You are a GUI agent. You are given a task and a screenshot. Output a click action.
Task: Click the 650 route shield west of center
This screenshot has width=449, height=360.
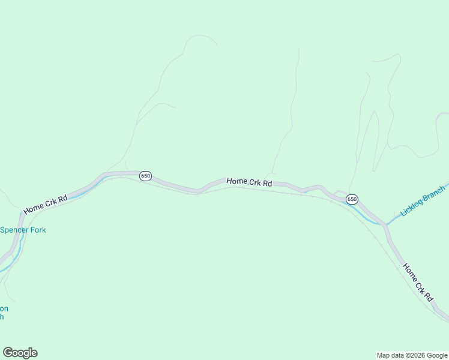(145, 176)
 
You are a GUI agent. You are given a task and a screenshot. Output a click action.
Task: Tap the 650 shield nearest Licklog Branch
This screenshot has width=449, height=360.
(352, 199)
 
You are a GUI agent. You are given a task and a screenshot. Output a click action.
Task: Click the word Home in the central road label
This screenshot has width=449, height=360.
(237, 181)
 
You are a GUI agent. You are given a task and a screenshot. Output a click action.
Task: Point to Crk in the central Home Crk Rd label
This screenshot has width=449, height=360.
(255, 182)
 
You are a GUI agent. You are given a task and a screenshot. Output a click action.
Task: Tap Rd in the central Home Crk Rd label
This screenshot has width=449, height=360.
(268, 183)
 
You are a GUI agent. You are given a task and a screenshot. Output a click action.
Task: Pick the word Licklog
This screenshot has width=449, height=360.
(412, 206)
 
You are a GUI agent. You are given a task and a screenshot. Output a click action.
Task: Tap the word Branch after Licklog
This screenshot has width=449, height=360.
(434, 194)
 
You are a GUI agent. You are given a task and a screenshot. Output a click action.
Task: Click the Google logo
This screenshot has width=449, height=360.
(20, 353)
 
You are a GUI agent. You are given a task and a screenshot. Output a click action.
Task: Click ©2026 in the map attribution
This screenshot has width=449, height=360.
(415, 355)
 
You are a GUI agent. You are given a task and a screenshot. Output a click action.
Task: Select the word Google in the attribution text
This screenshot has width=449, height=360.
(436, 355)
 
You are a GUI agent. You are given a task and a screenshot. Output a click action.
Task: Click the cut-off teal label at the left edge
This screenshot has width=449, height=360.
(3, 312)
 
